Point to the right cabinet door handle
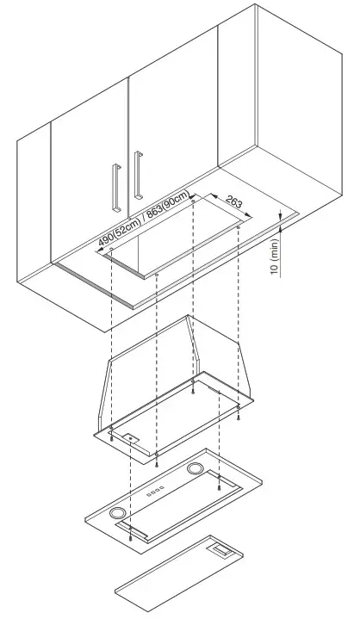pos(137,176)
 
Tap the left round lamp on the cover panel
pos(116,515)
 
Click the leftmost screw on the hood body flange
pos(112,428)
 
